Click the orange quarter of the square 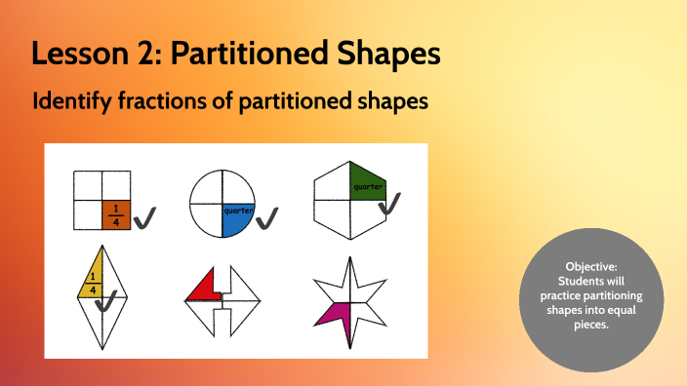(116, 213)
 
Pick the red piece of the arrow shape (204, 287)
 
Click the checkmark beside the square (146, 219)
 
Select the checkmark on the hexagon (389, 204)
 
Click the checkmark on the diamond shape (108, 303)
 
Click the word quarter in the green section (369, 185)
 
